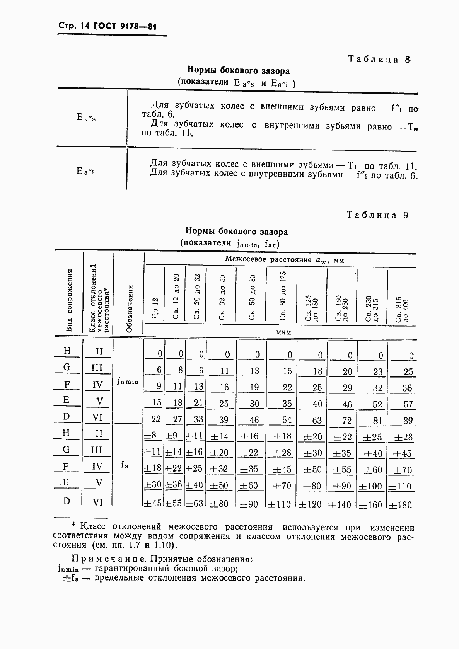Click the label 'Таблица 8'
pyautogui.click(x=379, y=59)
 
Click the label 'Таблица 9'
pyautogui.click(x=377, y=215)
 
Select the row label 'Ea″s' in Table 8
pyautogui.click(x=86, y=117)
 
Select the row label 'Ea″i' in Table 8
pyautogui.click(x=85, y=170)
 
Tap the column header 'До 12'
pyautogui.click(x=155, y=308)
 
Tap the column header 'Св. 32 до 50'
pyautogui.click(x=222, y=297)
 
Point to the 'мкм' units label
pyautogui.click(x=283, y=332)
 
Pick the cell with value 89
pyautogui.click(x=408, y=421)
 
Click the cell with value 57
pyautogui.click(x=408, y=404)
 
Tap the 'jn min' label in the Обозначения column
pyautogui.click(x=127, y=382)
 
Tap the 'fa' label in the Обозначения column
pyautogui.click(x=125, y=465)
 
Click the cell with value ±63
pyautogui.click(x=194, y=504)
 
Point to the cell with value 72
pyautogui.click(x=347, y=421)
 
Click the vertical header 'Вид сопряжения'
pyautogui.click(x=70, y=300)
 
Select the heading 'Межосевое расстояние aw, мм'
pyautogui.click(x=284, y=260)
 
